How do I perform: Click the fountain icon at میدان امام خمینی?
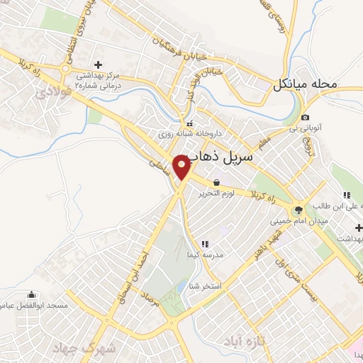pos(298,209)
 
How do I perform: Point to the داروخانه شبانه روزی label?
pos(190,133)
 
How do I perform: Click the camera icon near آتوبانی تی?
pos(305,117)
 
